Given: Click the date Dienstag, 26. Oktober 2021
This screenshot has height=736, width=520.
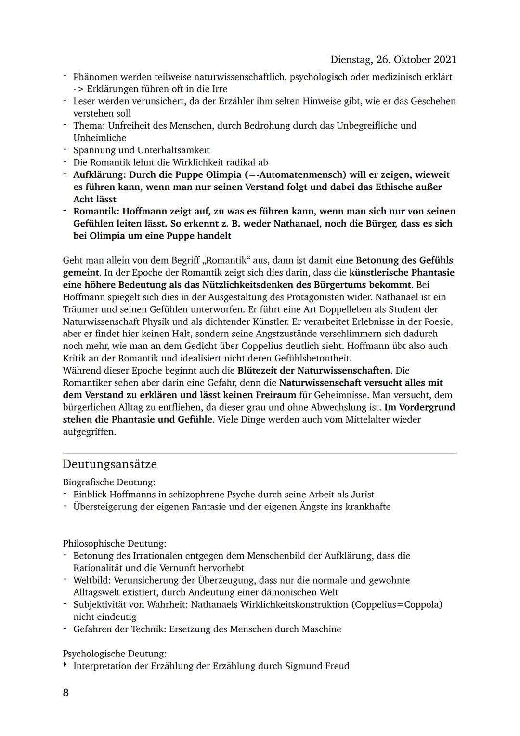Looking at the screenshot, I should click(x=393, y=60).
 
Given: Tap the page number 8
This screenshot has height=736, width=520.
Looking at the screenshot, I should click(x=66, y=693).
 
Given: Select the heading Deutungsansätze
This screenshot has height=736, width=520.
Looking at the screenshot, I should click(x=110, y=465).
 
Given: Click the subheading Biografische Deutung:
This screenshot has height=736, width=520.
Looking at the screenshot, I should click(x=109, y=482).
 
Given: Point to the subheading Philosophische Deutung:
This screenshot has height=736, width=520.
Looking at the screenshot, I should click(x=115, y=544).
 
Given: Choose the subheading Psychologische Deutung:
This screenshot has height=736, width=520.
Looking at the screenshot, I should click(x=115, y=654).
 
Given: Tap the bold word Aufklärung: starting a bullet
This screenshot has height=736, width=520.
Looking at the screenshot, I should click(x=100, y=174).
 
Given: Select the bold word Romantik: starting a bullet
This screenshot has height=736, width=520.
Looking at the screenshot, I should click(x=96, y=211).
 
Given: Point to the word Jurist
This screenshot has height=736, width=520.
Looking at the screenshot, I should click(x=361, y=495).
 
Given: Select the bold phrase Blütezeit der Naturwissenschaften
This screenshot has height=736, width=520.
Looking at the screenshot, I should click(x=313, y=371).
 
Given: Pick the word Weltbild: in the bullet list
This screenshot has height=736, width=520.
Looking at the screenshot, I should click(x=92, y=580).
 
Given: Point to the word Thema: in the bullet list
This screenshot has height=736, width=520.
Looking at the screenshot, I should click(x=89, y=126).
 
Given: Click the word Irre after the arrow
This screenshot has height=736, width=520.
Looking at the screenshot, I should click(x=218, y=89).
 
